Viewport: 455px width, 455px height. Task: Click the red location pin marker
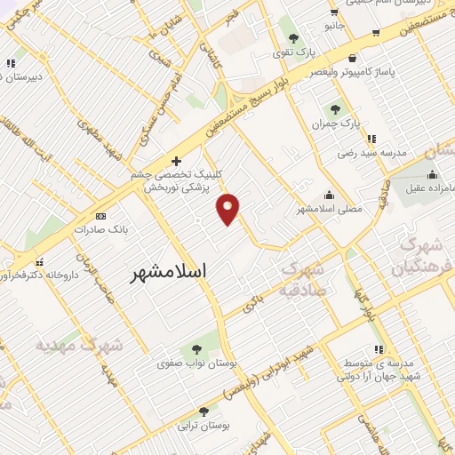click(228, 208)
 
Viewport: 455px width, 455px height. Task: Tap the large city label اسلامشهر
click(169, 271)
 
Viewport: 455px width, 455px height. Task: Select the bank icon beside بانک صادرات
click(100, 216)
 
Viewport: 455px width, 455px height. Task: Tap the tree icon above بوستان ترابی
click(204, 411)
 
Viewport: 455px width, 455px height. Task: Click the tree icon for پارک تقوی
click(293, 37)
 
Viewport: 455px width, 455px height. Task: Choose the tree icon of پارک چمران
click(335, 110)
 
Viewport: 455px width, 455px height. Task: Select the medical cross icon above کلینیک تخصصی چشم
click(176, 161)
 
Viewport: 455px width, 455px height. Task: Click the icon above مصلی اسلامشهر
click(330, 196)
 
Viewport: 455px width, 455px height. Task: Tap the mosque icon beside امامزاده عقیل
click(432, 173)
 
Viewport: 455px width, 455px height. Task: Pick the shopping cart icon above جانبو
click(333, 12)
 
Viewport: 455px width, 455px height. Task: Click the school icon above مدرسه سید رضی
click(371, 139)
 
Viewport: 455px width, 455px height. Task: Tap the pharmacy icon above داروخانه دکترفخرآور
click(39, 263)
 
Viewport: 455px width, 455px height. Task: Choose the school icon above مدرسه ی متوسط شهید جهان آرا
click(379, 349)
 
